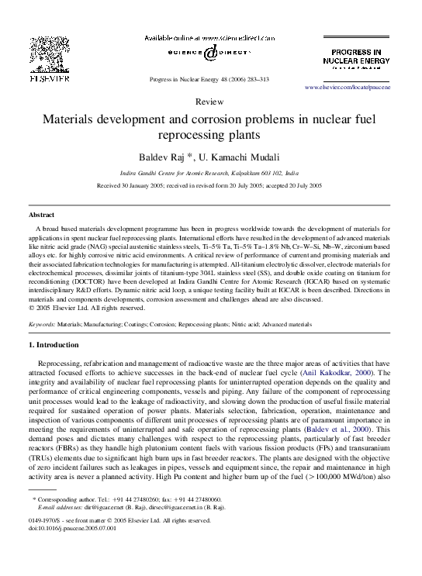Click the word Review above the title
click(210, 102)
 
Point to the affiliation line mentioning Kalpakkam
click(210, 174)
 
